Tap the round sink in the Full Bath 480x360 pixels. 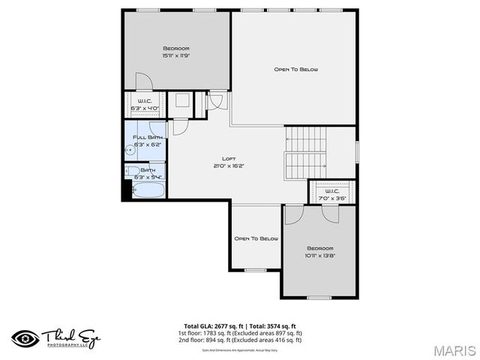(x=129, y=150)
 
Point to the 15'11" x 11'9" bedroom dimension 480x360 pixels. (x=175, y=55)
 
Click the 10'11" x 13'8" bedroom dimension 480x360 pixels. (x=320, y=255)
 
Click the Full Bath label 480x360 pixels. (x=148, y=137)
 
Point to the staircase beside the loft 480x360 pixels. (x=305, y=151)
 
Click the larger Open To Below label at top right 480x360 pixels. (x=295, y=70)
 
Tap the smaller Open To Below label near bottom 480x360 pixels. (x=256, y=238)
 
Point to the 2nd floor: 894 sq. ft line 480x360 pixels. (x=240, y=340)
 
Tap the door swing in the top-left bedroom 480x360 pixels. (x=142, y=81)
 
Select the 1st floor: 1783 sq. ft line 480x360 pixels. (x=240, y=333)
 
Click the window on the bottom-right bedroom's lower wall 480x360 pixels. (x=319, y=297)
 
